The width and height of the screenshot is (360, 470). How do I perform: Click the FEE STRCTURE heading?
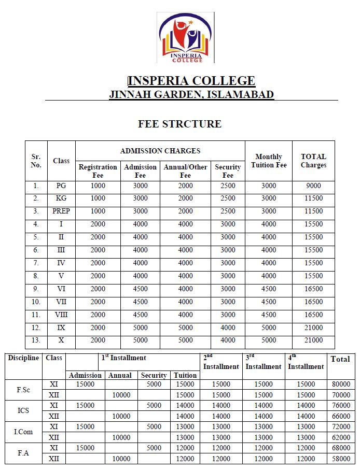tap(179, 124)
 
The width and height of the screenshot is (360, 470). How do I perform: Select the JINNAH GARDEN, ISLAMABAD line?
tap(191, 94)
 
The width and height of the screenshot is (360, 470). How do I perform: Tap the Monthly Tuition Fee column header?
tap(269, 161)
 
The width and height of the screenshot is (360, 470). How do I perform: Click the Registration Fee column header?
tap(98, 171)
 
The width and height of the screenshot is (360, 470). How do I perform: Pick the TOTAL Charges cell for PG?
tap(313, 186)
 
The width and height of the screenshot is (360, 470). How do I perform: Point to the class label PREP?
tap(61, 211)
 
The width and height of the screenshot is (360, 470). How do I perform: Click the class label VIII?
tap(61, 315)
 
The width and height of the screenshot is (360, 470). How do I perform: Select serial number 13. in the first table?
tap(36, 341)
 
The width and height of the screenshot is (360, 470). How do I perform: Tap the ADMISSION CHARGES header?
tap(160, 151)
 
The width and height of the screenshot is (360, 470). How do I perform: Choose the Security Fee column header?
tap(228, 171)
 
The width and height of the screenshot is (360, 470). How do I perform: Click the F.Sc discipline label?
tap(23, 390)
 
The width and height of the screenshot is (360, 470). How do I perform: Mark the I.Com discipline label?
tap(23, 432)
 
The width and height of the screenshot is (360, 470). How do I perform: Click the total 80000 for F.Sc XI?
tap(340, 384)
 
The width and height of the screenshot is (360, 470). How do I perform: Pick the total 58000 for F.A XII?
tap(340, 459)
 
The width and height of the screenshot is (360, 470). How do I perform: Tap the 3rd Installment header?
tap(263, 362)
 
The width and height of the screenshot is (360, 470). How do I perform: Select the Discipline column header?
tap(23, 358)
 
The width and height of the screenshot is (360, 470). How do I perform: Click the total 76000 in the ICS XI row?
tap(340, 406)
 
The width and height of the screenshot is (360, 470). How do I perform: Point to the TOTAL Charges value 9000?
tap(313, 186)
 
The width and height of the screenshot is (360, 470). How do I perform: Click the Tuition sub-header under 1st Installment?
tap(185, 375)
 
